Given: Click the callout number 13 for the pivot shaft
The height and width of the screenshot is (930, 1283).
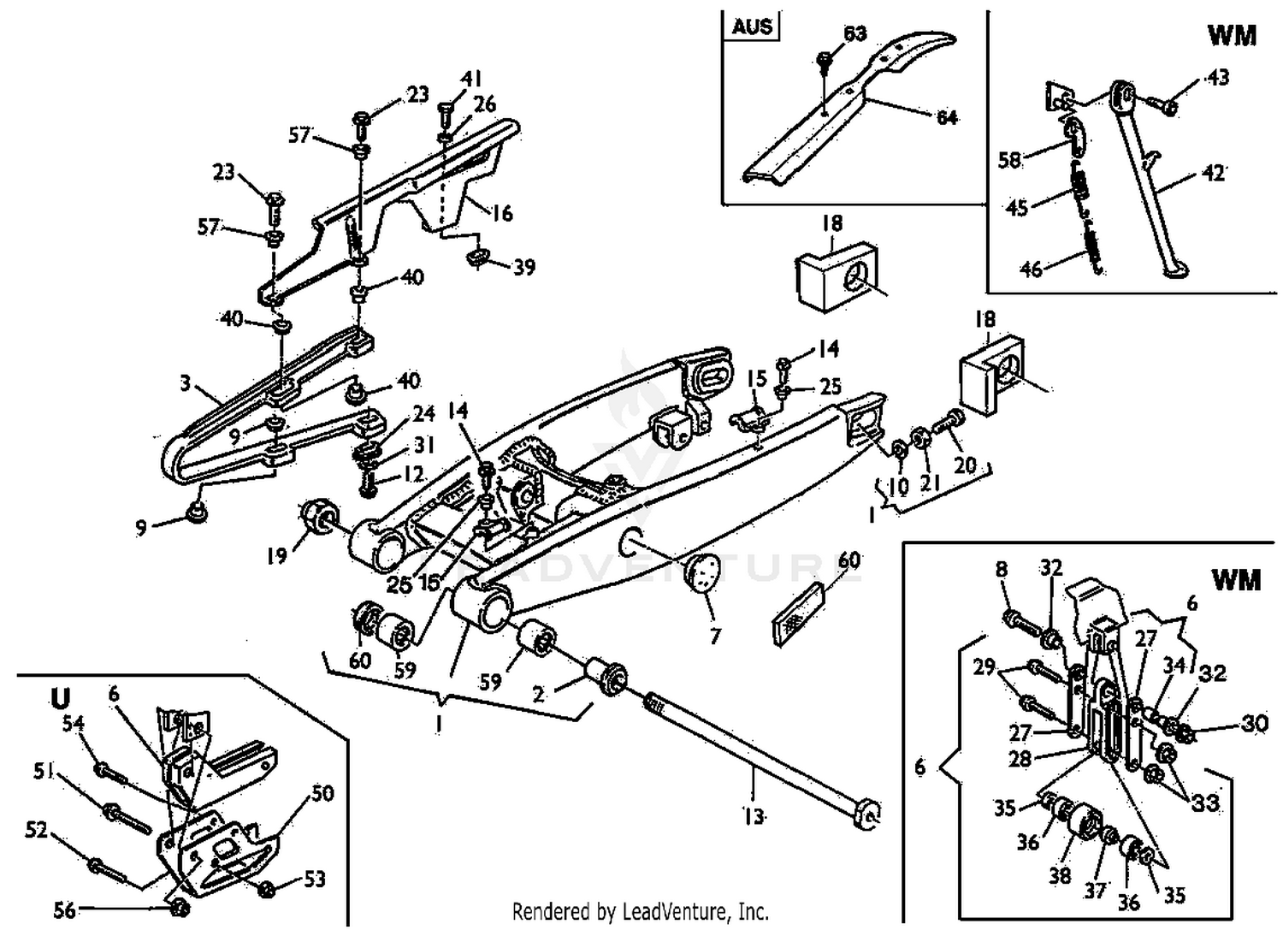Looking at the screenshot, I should click(x=753, y=816).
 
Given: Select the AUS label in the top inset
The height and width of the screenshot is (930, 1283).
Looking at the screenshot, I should click(x=752, y=26).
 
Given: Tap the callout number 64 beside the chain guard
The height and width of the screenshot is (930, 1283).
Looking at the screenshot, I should click(x=946, y=117).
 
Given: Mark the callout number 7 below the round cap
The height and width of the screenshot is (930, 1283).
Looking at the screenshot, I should click(x=715, y=636).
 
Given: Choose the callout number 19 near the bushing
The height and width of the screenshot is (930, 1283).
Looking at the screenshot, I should click(x=275, y=556).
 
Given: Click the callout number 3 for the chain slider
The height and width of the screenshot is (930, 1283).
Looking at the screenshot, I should click(x=185, y=382).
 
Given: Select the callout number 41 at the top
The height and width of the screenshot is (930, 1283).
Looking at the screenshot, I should click(x=471, y=80).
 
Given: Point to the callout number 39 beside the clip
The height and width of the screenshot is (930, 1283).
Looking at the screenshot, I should click(x=523, y=267).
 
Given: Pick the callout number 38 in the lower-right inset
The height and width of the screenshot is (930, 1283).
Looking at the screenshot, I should click(x=1059, y=874).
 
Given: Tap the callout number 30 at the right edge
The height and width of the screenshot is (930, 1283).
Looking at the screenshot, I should click(x=1254, y=723).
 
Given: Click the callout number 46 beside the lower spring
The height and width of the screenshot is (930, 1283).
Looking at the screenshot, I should click(x=1032, y=269).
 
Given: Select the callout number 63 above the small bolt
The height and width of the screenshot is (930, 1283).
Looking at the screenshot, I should click(x=854, y=33).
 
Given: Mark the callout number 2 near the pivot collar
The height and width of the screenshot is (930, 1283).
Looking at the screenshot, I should click(x=538, y=694).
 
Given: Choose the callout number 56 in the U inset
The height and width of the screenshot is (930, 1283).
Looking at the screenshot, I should click(x=65, y=909).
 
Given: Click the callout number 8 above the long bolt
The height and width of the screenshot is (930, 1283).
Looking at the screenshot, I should click(x=1002, y=569).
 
